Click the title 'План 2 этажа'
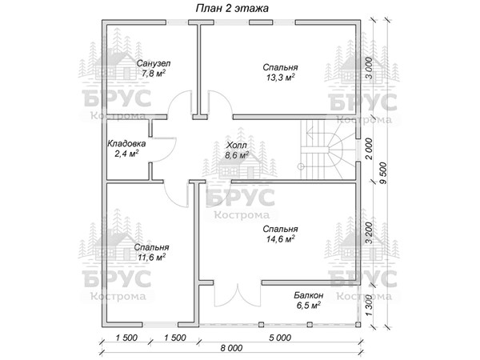232,8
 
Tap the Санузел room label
154,63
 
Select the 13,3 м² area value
280,78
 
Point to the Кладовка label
126,143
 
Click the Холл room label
236,145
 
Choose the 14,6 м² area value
280,239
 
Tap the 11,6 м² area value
151,257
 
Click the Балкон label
309,295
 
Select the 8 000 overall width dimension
231,348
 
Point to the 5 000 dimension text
280,338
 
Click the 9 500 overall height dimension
383,174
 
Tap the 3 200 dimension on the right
370,233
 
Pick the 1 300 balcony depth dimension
370,306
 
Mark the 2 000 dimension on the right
370,149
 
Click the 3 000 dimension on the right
370,69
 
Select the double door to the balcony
238,295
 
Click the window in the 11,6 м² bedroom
160,324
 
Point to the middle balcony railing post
310,325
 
